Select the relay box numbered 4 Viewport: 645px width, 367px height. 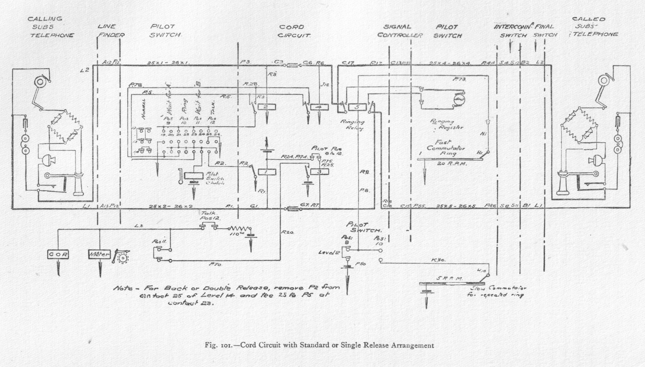tap(318, 107)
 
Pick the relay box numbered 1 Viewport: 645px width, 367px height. tap(266, 172)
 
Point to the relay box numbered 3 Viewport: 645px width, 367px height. tap(319, 172)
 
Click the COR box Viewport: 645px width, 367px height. tap(58, 254)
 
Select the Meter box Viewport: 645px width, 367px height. tap(99, 254)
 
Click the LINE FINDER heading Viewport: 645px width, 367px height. tap(111, 31)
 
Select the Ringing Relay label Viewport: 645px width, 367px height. tap(353, 125)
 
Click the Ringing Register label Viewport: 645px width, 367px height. tap(447, 124)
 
